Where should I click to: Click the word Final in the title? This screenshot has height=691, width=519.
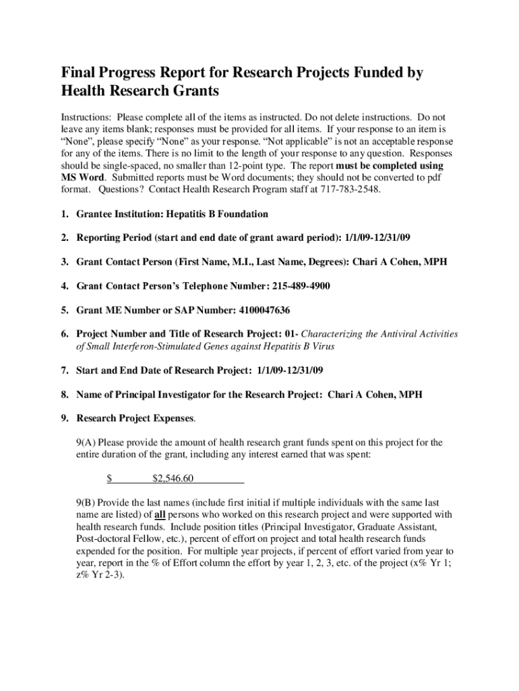pyautogui.click(x=79, y=74)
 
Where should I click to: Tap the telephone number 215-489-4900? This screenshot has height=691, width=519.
pyautogui.click(x=301, y=285)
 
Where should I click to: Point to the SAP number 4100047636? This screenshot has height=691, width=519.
pyautogui.click(x=265, y=310)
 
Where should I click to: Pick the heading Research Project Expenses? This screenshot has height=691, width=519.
pyautogui.click(x=135, y=418)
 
